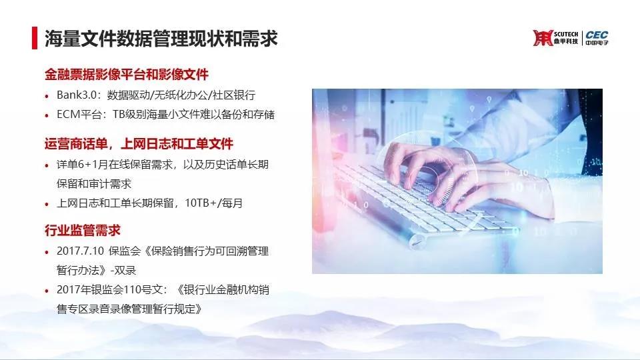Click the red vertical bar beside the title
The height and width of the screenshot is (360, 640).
(35, 38)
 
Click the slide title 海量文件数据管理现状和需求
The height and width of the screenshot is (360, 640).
(161, 39)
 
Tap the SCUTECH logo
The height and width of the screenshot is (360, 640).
(555, 37)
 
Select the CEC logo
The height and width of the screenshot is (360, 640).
(597, 37)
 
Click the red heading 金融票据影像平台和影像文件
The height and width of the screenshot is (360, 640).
(127, 74)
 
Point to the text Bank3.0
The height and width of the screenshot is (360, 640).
(77, 95)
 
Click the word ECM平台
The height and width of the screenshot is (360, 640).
(79, 114)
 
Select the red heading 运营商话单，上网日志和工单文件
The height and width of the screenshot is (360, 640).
(139, 144)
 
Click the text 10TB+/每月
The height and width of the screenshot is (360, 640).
(214, 203)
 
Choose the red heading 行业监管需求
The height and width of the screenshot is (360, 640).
(83, 230)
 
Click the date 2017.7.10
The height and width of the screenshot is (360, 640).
(81, 251)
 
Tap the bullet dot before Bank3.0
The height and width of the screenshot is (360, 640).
(47, 96)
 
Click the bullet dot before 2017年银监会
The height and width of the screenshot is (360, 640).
(47, 291)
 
